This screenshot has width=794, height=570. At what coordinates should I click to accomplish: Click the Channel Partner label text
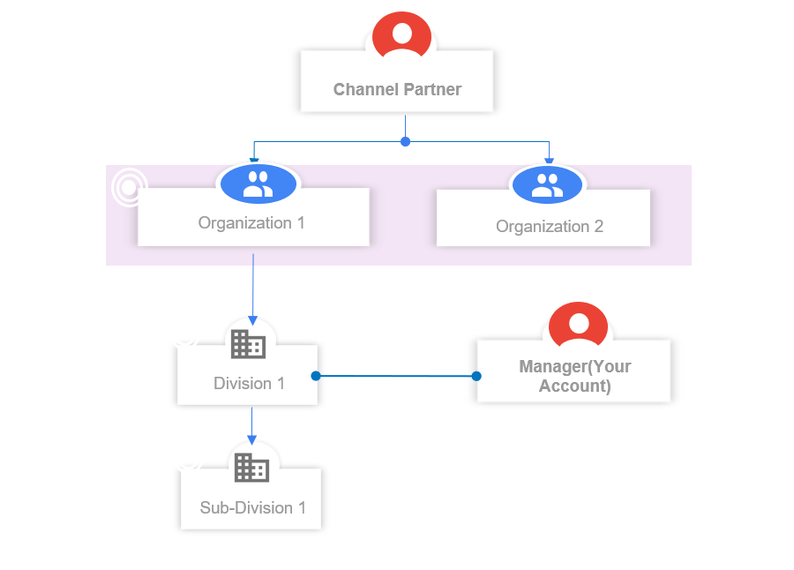tap(397, 89)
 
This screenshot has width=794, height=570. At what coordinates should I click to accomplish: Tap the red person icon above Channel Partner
tap(401, 34)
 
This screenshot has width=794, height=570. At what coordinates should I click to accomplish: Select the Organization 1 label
tap(251, 223)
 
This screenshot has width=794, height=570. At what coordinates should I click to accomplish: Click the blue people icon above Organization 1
tap(258, 184)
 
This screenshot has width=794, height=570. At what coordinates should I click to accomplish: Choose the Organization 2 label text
tap(550, 227)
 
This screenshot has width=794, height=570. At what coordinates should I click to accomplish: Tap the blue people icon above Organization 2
tap(547, 185)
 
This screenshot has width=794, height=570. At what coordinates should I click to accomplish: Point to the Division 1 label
tap(249, 384)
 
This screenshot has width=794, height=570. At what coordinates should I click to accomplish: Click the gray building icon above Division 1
tap(248, 344)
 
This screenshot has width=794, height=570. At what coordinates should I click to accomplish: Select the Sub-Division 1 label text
tap(252, 507)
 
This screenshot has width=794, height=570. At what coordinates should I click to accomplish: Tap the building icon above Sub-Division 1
tap(251, 467)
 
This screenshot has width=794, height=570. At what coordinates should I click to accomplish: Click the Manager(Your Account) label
tap(574, 376)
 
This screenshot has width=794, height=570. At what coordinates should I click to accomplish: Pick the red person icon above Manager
tap(578, 325)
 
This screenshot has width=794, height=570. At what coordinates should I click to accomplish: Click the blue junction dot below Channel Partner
tap(405, 142)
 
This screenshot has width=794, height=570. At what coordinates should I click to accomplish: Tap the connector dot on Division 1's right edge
tap(316, 376)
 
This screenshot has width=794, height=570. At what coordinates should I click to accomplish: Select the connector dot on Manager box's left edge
tap(476, 376)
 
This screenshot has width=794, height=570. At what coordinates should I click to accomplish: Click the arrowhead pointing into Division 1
tap(252, 320)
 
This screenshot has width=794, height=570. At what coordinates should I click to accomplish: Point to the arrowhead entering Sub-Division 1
tap(251, 439)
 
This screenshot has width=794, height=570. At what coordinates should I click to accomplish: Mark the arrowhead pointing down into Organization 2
tap(549, 161)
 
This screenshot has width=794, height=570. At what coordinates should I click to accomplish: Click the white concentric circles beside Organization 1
tap(129, 187)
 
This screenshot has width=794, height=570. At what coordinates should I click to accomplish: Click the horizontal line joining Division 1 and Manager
tap(396, 376)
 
